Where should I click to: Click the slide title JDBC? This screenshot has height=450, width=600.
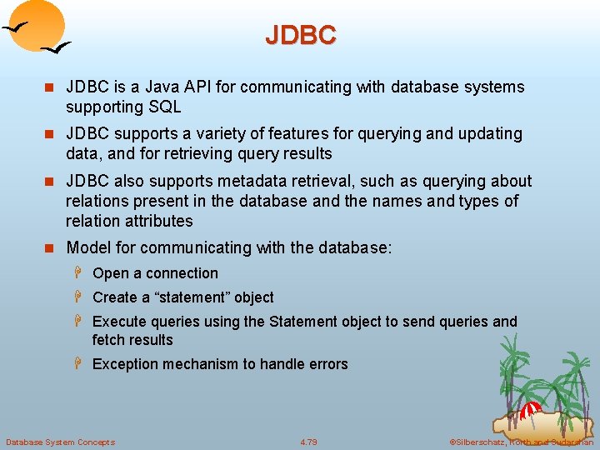(300, 35)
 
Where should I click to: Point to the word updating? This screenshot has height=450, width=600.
(492, 133)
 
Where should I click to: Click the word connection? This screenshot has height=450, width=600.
(181, 273)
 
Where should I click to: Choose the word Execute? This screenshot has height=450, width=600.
(120, 322)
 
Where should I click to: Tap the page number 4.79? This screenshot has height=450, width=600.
(308, 442)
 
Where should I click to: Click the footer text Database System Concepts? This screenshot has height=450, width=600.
(60, 442)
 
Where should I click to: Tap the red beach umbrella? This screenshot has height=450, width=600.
(531, 411)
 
